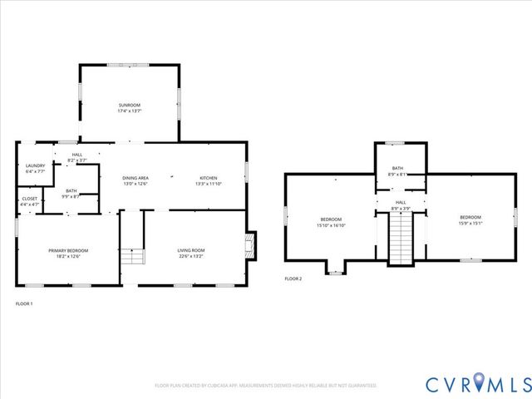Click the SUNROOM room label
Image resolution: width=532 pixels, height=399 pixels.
(129, 105)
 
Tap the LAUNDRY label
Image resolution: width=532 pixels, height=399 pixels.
(35, 165)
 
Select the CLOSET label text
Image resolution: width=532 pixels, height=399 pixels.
(29, 199)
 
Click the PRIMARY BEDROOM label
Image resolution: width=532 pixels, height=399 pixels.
(68, 250)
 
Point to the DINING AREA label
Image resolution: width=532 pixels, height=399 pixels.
(135, 178)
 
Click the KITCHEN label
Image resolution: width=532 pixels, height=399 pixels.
(208, 178)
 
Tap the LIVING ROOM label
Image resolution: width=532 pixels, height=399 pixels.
(191, 250)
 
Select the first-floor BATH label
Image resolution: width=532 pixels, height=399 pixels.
(71, 190)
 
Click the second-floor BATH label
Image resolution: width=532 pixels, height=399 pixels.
(398, 169)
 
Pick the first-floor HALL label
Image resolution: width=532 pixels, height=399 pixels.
(77, 155)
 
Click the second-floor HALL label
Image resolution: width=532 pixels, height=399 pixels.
(400, 202)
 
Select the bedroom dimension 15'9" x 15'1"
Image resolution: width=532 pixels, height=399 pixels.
(470, 223)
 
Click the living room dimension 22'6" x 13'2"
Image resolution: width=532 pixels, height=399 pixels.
(191, 256)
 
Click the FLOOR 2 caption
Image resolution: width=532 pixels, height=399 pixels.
(293, 278)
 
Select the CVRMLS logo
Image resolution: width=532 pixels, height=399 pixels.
(478, 384)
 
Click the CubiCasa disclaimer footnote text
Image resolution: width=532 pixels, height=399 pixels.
(266, 386)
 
